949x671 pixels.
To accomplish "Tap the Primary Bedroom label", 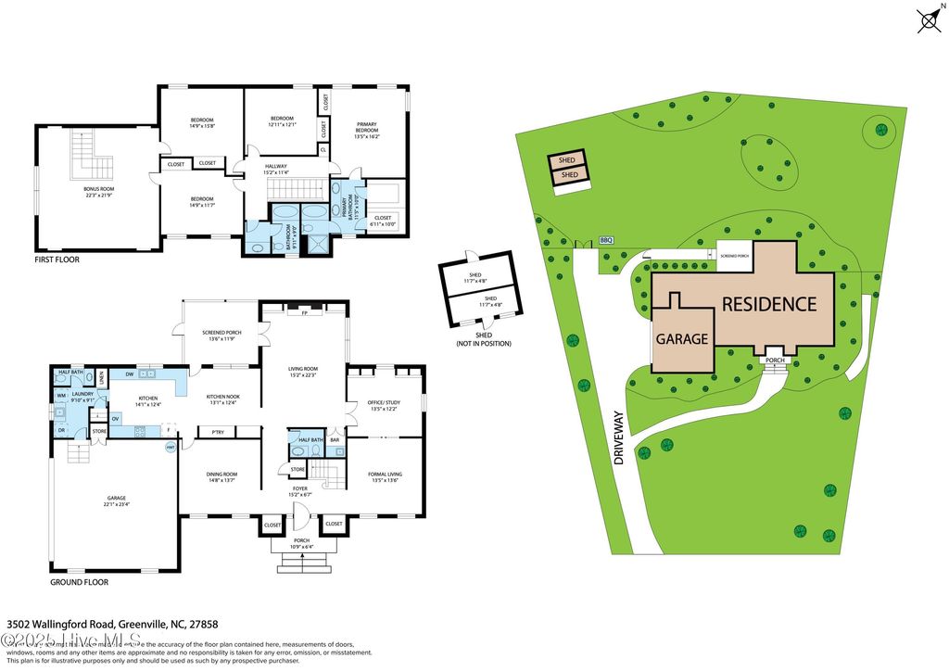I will pyautogui.click(x=367, y=130).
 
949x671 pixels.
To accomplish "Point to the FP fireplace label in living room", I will pyautogui.click(x=304, y=313).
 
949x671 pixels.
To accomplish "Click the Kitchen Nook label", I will pyautogui.click(x=221, y=399).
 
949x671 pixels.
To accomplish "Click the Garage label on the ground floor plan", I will pyautogui.click(x=116, y=500).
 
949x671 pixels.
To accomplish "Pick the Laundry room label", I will pyautogui.click(x=78, y=398).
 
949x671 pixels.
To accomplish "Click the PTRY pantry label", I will pyautogui.click(x=217, y=432).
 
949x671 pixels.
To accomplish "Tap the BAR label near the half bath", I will pyautogui.click(x=335, y=439).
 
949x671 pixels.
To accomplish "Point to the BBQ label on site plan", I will pyautogui.click(x=607, y=240).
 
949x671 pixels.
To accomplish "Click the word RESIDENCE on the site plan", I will pyautogui.click(x=769, y=304).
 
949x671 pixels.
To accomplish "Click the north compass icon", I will pyautogui.click(x=928, y=20).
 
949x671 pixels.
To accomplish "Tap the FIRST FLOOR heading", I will pyautogui.click(x=57, y=260).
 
